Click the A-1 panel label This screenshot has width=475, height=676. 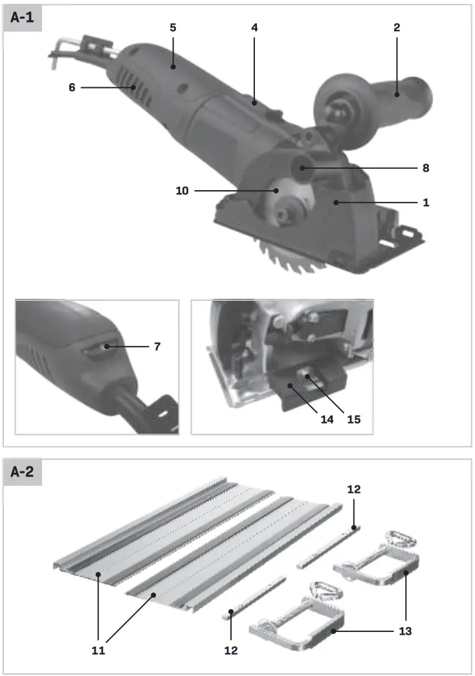23,19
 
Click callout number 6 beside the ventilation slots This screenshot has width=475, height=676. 72,87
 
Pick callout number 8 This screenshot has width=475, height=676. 425,168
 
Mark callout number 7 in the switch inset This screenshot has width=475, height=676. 156,347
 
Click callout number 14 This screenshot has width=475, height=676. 326,419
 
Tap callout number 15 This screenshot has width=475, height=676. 353,419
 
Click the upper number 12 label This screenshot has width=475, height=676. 353,490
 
